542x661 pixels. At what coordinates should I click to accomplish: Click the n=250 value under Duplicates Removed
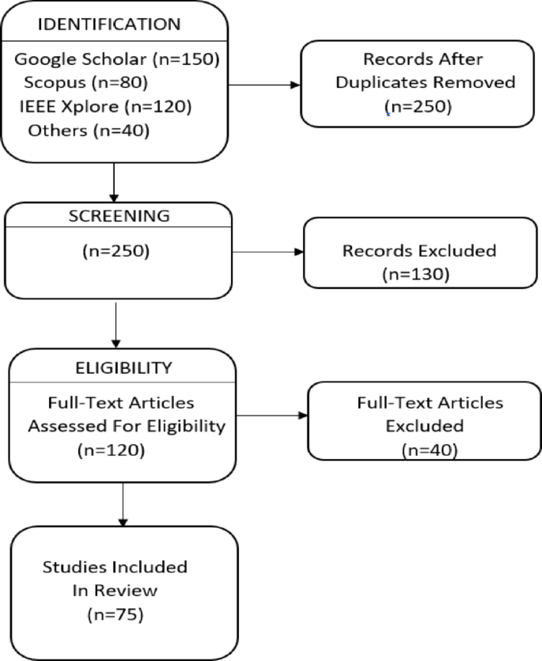tap(418, 105)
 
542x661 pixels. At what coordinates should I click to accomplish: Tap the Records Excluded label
tap(419, 251)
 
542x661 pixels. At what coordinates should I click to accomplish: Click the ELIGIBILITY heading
tap(123, 367)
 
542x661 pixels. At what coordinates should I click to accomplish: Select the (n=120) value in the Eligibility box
tap(112, 449)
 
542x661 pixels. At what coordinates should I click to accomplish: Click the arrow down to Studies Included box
tap(123, 503)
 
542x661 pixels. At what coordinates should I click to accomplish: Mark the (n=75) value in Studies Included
tap(112, 614)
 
